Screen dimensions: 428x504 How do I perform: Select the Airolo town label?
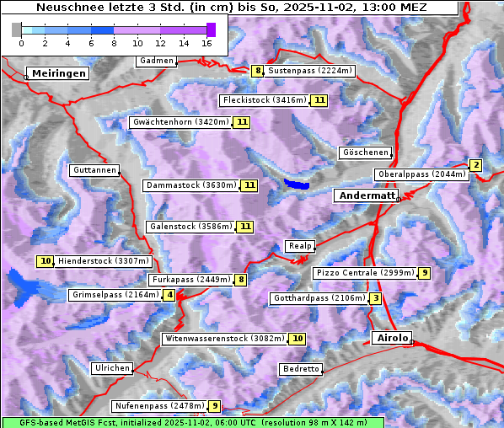coord(392,338)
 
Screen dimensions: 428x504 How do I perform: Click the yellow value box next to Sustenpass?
coord(258,71)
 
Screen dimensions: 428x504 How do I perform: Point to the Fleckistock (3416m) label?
coord(264,100)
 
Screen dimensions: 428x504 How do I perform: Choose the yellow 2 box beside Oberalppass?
coord(476,165)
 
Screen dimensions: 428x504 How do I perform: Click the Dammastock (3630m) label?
coord(191,185)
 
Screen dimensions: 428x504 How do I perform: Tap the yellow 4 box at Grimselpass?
coord(170,295)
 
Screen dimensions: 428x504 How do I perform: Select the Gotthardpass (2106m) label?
coord(318,298)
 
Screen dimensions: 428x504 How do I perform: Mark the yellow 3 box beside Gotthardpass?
coord(375,298)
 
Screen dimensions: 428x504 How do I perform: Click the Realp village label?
coord(300,246)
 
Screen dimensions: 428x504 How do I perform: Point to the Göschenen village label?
coord(366,152)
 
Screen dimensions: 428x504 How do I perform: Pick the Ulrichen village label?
coord(112,368)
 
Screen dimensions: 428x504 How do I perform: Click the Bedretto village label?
coord(301,369)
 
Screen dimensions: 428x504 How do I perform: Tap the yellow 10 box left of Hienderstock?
coord(46,261)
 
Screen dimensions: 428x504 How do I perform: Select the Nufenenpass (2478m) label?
coord(159,406)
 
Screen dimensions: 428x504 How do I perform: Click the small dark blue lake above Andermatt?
coord(296,183)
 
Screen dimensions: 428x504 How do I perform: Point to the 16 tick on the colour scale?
coord(207,42)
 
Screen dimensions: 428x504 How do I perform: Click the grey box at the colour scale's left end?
coord(17,29)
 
